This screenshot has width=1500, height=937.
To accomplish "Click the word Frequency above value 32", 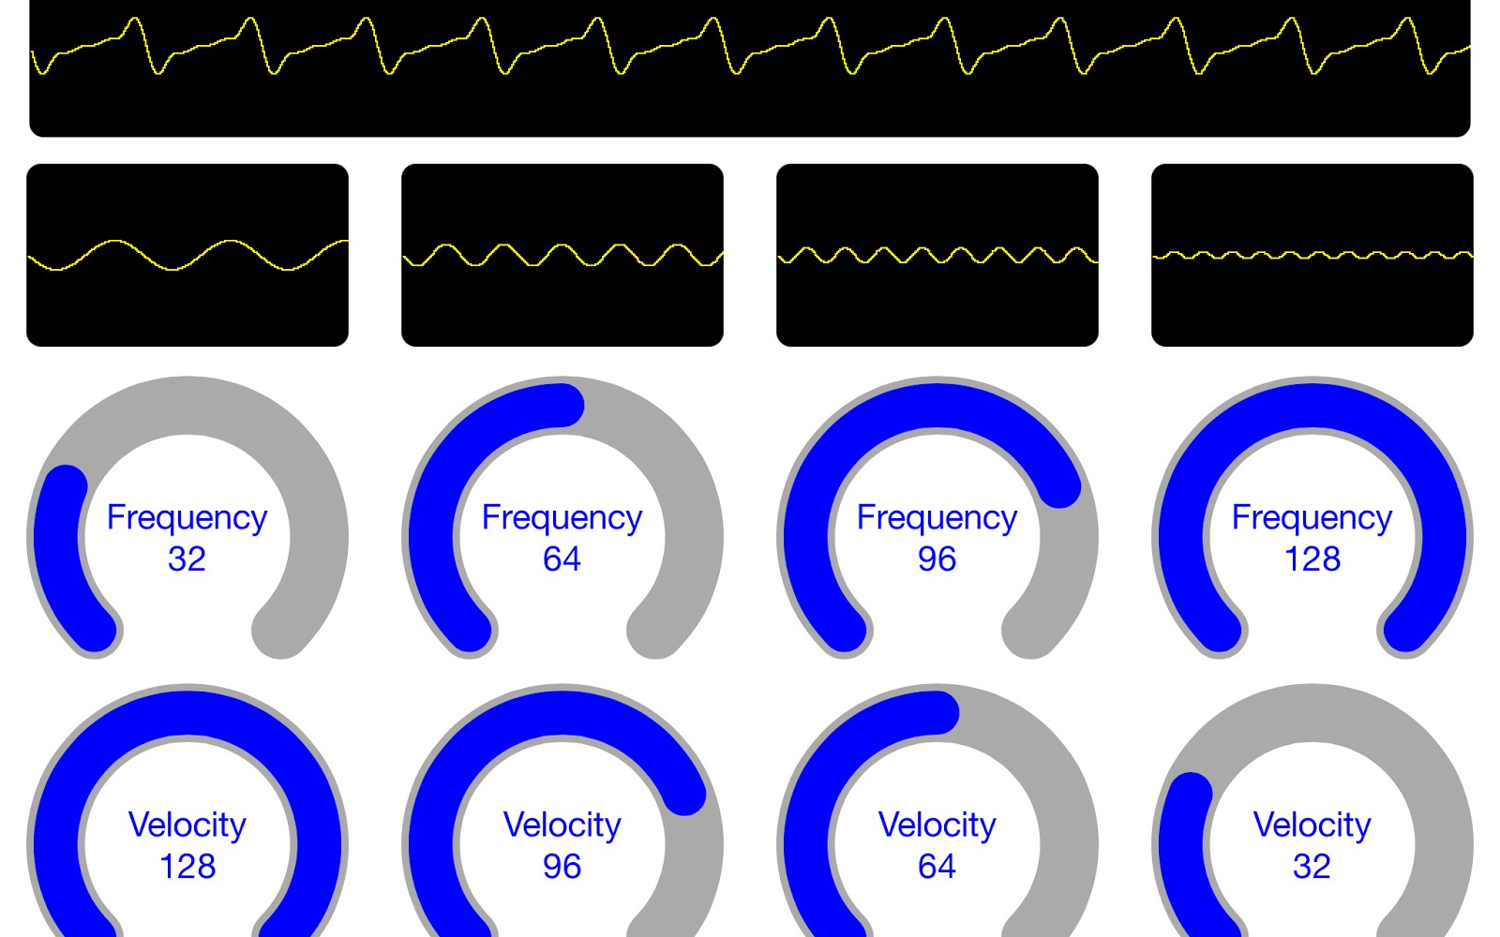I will click(187, 517).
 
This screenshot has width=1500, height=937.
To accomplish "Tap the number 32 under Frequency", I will click(187, 559).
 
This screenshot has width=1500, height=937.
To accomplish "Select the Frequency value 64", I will click(562, 559).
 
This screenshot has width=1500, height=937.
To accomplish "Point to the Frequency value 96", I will click(937, 559).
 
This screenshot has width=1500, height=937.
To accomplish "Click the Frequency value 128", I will click(1312, 559).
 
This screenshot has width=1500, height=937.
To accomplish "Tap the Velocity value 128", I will click(187, 867).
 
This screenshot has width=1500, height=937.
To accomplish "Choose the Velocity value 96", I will click(562, 867).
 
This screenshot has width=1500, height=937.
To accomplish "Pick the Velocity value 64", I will click(937, 867).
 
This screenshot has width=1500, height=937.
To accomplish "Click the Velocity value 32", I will click(1312, 867).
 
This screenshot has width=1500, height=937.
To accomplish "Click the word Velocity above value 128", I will click(187, 825).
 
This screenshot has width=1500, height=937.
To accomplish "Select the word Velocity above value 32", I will click(1312, 825).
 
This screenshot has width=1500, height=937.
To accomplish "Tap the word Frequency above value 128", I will click(1312, 517).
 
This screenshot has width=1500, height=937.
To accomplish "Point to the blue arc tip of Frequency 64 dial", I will click(562, 406).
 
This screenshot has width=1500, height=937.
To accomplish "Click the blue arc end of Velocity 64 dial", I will click(937, 713).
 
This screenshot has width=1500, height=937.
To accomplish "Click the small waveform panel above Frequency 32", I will click(187, 255).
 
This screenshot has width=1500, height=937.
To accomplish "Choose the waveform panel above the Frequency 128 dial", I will click(1312, 255).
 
